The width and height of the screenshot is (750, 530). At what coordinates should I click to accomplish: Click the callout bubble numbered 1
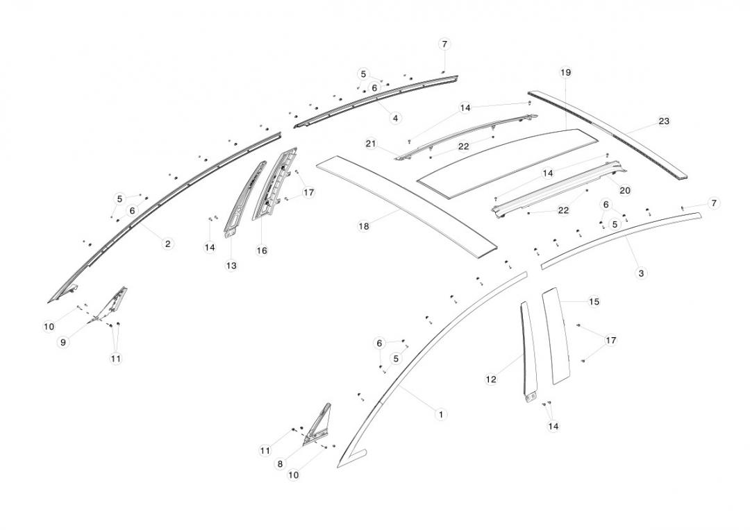click(440, 414)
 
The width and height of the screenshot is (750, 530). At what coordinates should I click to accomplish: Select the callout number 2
click(168, 243)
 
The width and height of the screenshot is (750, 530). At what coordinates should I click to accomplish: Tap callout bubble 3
click(641, 273)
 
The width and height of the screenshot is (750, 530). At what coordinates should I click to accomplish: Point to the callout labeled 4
click(395, 118)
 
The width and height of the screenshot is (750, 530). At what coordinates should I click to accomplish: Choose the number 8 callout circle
click(280, 464)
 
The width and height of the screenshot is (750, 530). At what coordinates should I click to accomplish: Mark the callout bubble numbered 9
click(63, 342)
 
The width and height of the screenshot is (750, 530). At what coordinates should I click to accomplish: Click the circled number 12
click(491, 379)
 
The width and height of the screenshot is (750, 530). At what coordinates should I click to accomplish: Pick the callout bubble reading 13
click(231, 266)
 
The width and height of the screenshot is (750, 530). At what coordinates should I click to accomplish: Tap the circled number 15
click(594, 302)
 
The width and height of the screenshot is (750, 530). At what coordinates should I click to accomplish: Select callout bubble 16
click(262, 250)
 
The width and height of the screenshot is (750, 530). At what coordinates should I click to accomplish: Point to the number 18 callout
click(363, 225)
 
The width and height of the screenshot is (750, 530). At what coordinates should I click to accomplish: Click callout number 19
click(565, 72)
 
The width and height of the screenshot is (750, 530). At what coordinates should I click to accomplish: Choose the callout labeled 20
click(625, 189)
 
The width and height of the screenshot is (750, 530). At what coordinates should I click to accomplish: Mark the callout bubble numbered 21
click(371, 144)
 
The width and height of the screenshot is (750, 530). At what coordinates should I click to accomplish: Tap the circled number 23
click(664, 121)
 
